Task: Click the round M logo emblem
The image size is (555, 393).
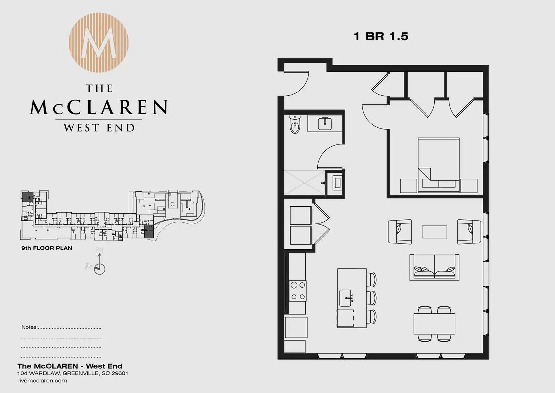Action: (98, 43)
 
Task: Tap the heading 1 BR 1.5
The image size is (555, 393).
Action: (381, 36)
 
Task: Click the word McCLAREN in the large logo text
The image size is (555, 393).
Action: (99, 107)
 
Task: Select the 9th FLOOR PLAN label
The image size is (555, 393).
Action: (47, 248)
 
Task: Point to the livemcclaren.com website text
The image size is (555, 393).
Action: (43, 381)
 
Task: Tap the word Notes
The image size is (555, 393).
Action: (29, 327)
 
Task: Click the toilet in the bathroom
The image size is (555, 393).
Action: (295, 124)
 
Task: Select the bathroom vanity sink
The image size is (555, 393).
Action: (325, 124)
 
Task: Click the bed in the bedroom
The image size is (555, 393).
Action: (439, 165)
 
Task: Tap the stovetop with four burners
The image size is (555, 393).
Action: (298, 291)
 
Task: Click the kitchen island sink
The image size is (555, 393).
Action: (346, 298)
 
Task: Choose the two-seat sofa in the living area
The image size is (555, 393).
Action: (434, 267)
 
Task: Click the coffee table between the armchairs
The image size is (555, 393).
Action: (435, 232)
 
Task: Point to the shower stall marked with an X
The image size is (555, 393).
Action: (305, 183)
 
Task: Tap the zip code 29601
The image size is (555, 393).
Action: (120, 373)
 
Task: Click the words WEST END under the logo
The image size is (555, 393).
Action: (99, 128)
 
